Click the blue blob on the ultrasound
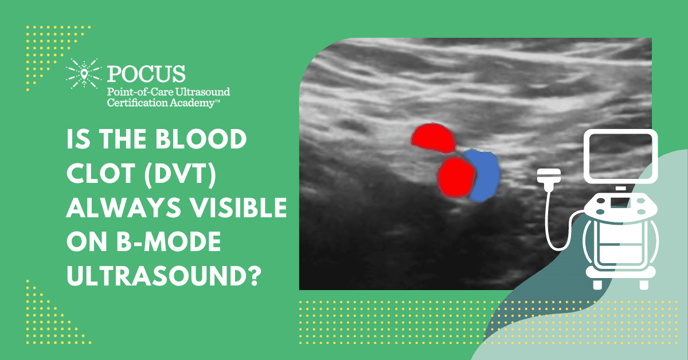pyautogui.click(x=482, y=175)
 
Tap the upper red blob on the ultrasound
pyautogui.click(x=432, y=138)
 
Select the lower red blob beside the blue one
pyautogui.click(x=455, y=176)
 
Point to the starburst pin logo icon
pyautogui.click(x=82, y=73)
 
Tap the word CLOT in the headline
pyautogui.click(x=92, y=173)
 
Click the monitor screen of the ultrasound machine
pyautogui.click(x=620, y=154)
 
